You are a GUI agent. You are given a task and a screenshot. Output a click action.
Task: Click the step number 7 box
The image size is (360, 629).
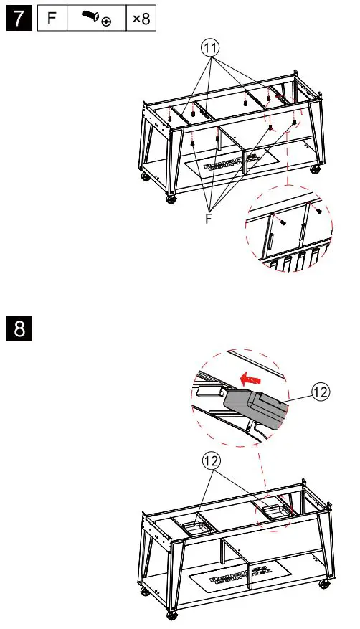click(x=19, y=18)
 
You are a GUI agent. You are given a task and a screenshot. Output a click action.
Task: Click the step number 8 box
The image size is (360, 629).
click(x=19, y=328)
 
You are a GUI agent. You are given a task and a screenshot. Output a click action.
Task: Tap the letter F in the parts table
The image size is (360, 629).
click(x=52, y=18)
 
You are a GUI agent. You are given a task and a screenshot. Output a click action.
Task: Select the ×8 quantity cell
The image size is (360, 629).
click(x=141, y=18)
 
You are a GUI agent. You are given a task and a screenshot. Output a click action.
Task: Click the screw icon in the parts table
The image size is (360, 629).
click(x=97, y=18)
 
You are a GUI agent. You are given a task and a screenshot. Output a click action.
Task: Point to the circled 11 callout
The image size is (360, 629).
click(x=210, y=49)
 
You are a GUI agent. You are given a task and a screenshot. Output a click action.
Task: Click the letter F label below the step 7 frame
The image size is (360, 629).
click(x=209, y=219)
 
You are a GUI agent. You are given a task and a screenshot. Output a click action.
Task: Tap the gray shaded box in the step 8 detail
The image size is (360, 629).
click(x=256, y=409)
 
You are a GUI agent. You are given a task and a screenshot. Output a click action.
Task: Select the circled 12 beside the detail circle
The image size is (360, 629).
click(x=320, y=392)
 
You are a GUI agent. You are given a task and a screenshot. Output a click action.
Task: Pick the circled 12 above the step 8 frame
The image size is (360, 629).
click(x=212, y=461)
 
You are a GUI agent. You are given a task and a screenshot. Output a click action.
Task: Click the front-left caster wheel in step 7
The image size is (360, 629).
click(x=171, y=199)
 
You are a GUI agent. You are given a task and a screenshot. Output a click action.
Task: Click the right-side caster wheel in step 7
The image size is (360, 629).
click(x=316, y=170)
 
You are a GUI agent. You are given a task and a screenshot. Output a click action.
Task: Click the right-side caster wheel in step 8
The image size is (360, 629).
click(x=323, y=584)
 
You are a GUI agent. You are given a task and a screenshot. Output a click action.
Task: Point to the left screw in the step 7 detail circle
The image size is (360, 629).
click(x=283, y=222)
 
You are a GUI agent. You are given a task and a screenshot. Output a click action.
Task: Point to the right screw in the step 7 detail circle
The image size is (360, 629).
click(x=319, y=210)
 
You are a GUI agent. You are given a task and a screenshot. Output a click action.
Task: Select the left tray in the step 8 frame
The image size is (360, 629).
click(x=195, y=529)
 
